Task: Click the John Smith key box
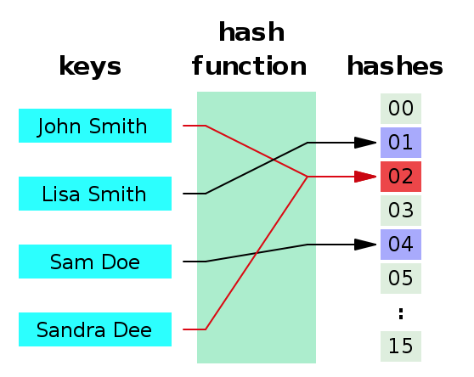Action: pos(94,126)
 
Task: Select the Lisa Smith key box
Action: pos(94,194)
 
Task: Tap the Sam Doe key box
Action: pos(94,262)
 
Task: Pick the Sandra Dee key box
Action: pos(94,329)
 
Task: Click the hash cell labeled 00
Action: pos(400,109)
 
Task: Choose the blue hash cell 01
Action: pos(400,143)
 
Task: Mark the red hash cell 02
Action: pos(400,177)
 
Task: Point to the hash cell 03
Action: pos(400,211)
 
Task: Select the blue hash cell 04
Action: pos(400,245)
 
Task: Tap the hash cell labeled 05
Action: pos(400,279)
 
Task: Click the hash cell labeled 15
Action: pos(400,346)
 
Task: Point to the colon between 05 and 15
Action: pos(400,313)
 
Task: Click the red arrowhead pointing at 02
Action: pos(364,177)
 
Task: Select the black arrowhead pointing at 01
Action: pos(364,143)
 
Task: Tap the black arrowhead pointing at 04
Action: pos(364,245)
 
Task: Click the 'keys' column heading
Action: pos(89,66)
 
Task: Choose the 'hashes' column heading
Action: pos(394,66)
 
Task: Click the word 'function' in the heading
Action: pos(249,66)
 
